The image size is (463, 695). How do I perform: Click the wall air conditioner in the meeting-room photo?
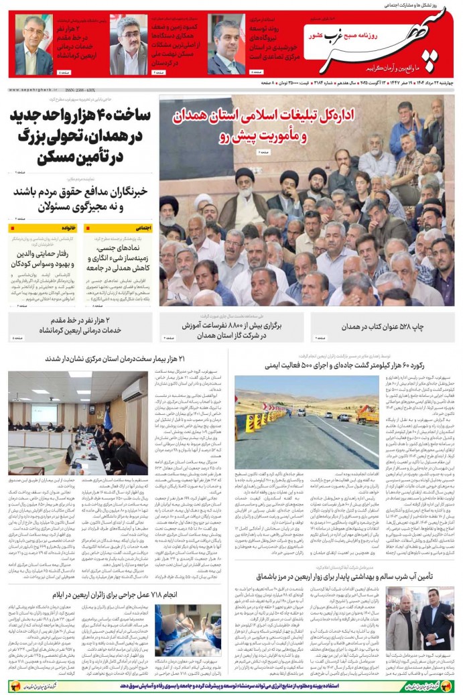pos(133,389)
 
